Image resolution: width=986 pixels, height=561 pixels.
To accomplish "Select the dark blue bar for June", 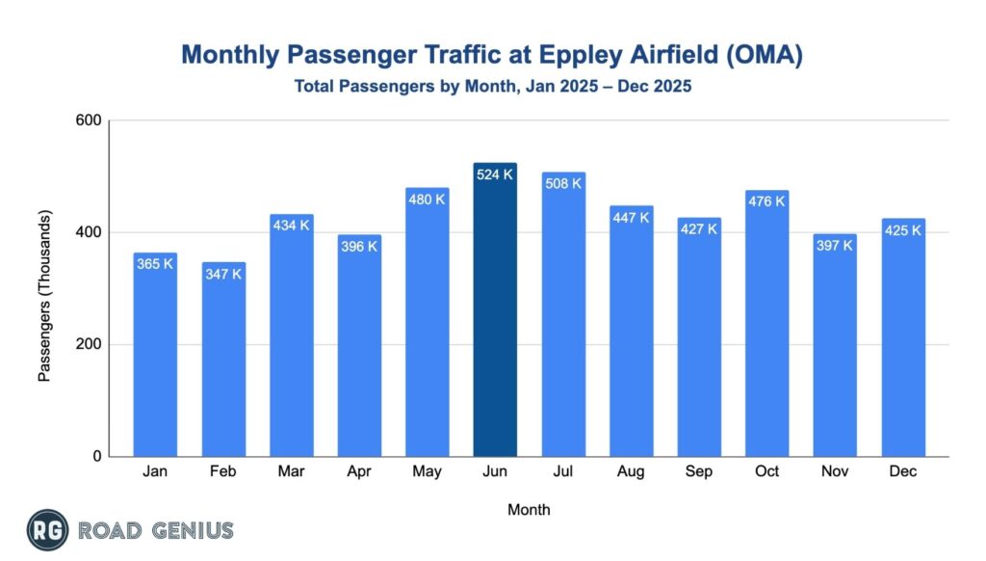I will pyautogui.click(x=495, y=318).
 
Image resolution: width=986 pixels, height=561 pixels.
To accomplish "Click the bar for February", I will pyautogui.click(x=223, y=366).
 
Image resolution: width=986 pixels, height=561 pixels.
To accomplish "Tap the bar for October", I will pyautogui.click(x=766, y=328).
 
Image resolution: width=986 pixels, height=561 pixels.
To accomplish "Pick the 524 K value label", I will pyautogui.click(x=495, y=175).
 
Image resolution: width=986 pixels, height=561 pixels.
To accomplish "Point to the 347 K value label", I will pyautogui.click(x=223, y=275).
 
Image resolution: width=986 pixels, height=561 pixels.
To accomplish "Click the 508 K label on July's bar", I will pyautogui.click(x=563, y=183).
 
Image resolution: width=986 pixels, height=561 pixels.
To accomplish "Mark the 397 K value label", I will pyautogui.click(x=835, y=246).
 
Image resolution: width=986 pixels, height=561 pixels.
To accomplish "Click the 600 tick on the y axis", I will pyautogui.click(x=90, y=120).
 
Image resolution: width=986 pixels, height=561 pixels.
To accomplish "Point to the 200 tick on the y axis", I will pyautogui.click(x=90, y=344).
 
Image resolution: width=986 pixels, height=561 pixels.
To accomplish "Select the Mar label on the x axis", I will pyautogui.click(x=291, y=472).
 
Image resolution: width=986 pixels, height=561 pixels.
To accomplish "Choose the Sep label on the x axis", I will pyautogui.click(x=699, y=472).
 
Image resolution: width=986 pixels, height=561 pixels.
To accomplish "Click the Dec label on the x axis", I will pyautogui.click(x=903, y=472).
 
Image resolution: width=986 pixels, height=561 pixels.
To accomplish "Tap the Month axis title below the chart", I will pyautogui.click(x=529, y=508).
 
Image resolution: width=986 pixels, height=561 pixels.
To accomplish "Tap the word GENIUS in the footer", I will pyautogui.click(x=193, y=530).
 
